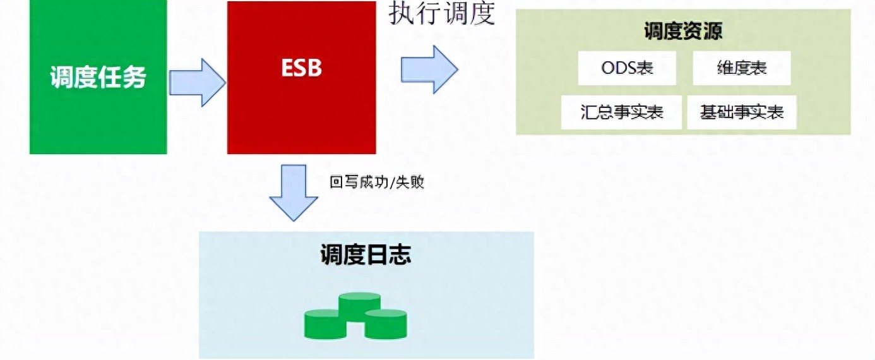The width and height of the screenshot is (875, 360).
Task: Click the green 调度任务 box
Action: click(x=98, y=76)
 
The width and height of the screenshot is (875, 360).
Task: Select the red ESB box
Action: click(x=302, y=78)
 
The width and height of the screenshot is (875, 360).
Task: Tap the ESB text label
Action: click(x=302, y=68)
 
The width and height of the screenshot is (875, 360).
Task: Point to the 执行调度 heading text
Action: click(x=442, y=13)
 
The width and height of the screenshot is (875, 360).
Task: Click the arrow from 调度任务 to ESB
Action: click(x=197, y=83)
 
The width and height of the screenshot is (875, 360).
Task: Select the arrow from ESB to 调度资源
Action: click(x=429, y=69)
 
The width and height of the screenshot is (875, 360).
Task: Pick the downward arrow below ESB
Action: click(x=294, y=193)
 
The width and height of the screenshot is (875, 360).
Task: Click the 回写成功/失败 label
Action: click(x=376, y=182)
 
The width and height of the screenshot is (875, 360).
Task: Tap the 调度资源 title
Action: click(x=683, y=30)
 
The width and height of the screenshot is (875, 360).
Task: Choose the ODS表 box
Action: click(x=627, y=68)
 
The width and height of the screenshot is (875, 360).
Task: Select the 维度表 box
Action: click(x=742, y=68)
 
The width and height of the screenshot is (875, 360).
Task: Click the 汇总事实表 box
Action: click(x=621, y=112)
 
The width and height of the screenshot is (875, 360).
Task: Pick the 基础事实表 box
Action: click(x=742, y=112)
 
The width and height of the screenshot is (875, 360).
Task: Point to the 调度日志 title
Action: click(x=366, y=255)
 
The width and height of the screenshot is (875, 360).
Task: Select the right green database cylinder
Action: click(x=386, y=324)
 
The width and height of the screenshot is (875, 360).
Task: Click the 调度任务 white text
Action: click(x=98, y=76)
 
